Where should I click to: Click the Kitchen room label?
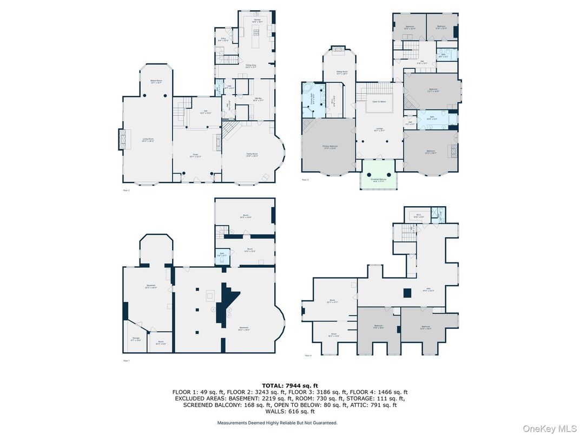[x=258, y=20]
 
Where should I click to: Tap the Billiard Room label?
[x=156, y=82]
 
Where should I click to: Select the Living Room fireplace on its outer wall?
[x=121, y=140]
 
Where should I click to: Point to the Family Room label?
[x=252, y=155]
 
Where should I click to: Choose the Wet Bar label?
[x=258, y=99]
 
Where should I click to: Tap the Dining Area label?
[x=251, y=66]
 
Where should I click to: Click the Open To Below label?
[x=379, y=102]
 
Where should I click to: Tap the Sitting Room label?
[x=341, y=72]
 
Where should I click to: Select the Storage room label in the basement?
[x=136, y=339]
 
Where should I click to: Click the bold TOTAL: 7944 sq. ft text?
[x=289, y=386]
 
